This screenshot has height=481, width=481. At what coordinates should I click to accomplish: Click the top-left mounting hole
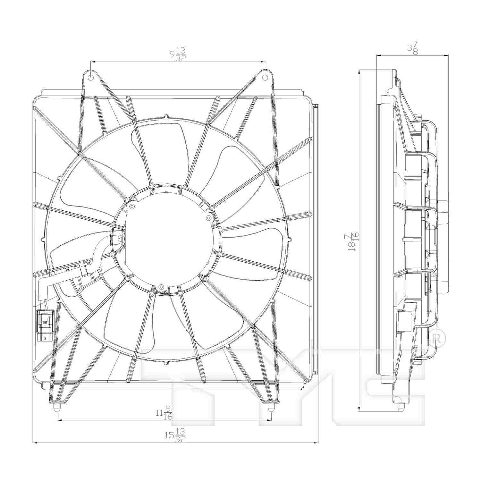pyautogui.click(x=91, y=78)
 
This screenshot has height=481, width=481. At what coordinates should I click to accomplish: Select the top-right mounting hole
pyautogui.click(x=265, y=78)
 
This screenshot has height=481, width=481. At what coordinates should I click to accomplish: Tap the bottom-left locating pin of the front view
pyautogui.click(x=57, y=408)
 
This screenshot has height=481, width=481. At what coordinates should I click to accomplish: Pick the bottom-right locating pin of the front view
pyautogui.click(x=271, y=408)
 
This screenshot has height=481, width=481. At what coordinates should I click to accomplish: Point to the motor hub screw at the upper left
pyautogui.click(x=131, y=207)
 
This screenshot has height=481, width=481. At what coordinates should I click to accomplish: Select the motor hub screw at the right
pyautogui.click(x=208, y=218)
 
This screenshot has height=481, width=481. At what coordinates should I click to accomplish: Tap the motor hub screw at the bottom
pyautogui.click(x=161, y=287)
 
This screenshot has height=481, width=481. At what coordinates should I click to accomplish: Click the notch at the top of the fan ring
pyautogui.click(x=166, y=116)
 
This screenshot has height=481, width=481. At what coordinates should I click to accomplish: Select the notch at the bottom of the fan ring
pyautogui.click(x=166, y=363)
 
